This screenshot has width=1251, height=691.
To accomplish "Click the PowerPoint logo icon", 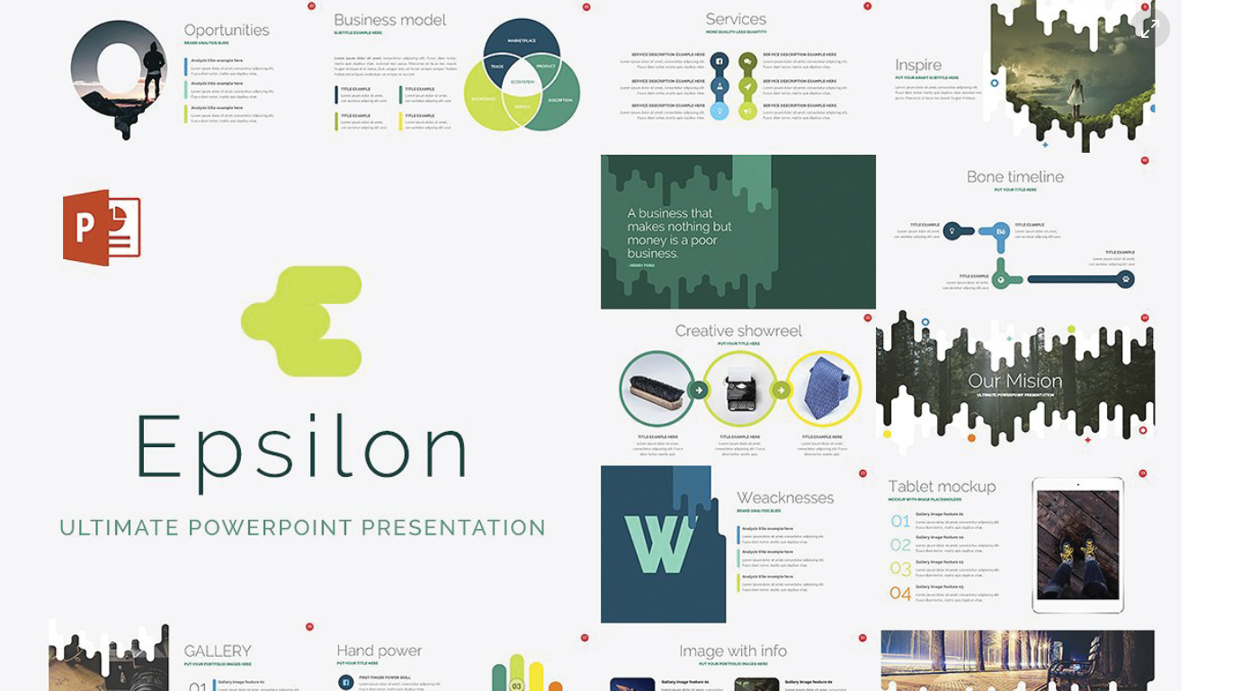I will pos(102,228).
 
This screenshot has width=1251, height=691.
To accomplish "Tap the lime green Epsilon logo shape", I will pos(304,321).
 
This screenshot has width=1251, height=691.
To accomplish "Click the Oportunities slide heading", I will pos(227,31).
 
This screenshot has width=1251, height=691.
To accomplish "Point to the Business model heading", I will pos(389,20).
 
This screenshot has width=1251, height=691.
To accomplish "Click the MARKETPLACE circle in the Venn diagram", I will pos(522,41).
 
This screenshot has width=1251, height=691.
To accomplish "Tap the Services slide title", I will pos(736,20).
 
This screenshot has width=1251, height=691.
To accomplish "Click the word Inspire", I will pos(918,65).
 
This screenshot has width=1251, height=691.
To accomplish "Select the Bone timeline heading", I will pos(1015,177).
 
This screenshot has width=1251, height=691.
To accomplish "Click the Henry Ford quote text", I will pos(680,233).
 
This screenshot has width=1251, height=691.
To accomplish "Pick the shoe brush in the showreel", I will pos(657,389).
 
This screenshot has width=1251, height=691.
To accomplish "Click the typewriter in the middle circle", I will pos(740,389).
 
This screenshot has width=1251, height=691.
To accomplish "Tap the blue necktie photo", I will pos(824,389).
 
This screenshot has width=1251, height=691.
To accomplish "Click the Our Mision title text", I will pos(1015,381).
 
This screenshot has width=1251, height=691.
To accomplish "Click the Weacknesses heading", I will pos(785,498).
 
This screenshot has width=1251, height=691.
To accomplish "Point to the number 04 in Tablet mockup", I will pos(900,593).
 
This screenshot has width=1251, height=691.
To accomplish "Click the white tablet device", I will pos(1077,545).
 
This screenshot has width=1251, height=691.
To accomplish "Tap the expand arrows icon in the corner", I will pos(1149,29).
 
